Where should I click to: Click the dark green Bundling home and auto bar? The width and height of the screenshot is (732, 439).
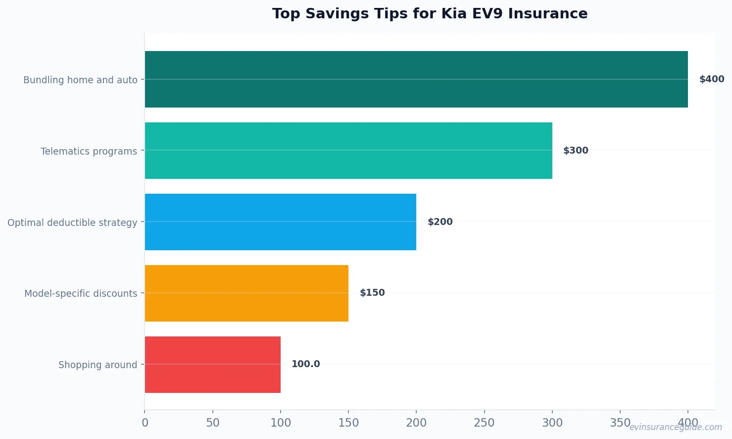(x=416, y=79)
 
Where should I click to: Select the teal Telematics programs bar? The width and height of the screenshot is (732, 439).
(x=348, y=151)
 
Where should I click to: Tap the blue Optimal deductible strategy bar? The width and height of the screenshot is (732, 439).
(x=280, y=222)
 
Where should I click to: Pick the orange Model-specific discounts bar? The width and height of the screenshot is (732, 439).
(x=246, y=293)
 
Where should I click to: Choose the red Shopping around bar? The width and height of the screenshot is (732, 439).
(x=212, y=365)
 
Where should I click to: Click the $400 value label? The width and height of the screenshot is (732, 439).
(x=711, y=79)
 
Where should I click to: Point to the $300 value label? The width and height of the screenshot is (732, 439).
(x=576, y=151)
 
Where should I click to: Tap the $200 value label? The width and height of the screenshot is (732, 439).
(x=440, y=222)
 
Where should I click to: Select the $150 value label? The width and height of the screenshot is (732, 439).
(x=372, y=293)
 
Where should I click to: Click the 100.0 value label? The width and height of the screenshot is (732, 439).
(x=305, y=364)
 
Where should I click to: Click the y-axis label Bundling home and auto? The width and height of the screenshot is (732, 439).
(x=80, y=80)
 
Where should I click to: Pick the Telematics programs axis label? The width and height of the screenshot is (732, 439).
(x=89, y=151)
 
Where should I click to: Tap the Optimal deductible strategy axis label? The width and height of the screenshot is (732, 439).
(x=72, y=222)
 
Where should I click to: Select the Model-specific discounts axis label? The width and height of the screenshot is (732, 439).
(x=81, y=293)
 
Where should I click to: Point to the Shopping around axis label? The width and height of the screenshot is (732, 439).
(x=98, y=365)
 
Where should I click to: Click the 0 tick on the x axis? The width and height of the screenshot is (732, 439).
(x=145, y=423)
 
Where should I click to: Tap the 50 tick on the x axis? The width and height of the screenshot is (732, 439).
(x=213, y=423)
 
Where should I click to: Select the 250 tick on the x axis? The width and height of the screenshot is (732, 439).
(x=484, y=423)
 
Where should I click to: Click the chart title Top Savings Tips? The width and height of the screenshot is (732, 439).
(x=430, y=13)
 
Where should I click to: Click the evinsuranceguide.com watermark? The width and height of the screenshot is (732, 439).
(x=675, y=427)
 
